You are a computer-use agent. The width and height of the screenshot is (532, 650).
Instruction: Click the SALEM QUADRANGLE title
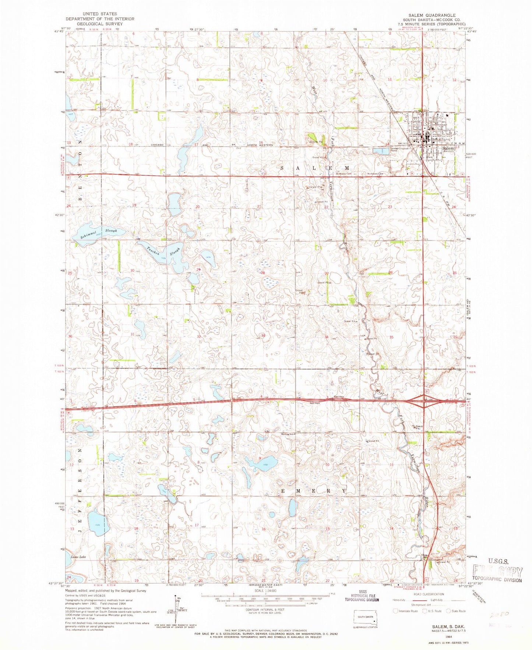click(429, 15)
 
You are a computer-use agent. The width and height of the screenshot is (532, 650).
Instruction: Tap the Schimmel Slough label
click(99, 233)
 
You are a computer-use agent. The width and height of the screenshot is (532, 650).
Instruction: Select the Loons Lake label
click(78, 557)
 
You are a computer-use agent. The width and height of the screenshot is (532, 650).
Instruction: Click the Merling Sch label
click(288, 434)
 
